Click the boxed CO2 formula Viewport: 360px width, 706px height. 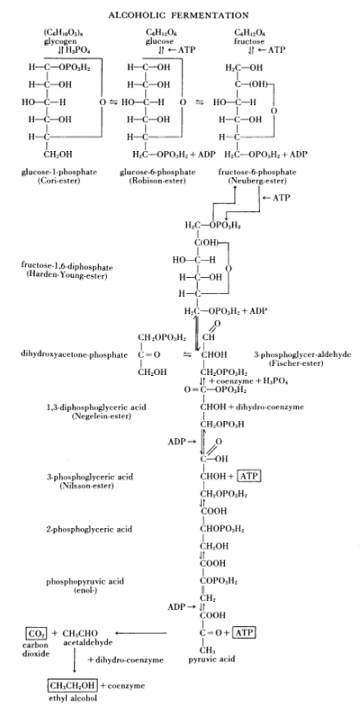coord(33,633)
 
